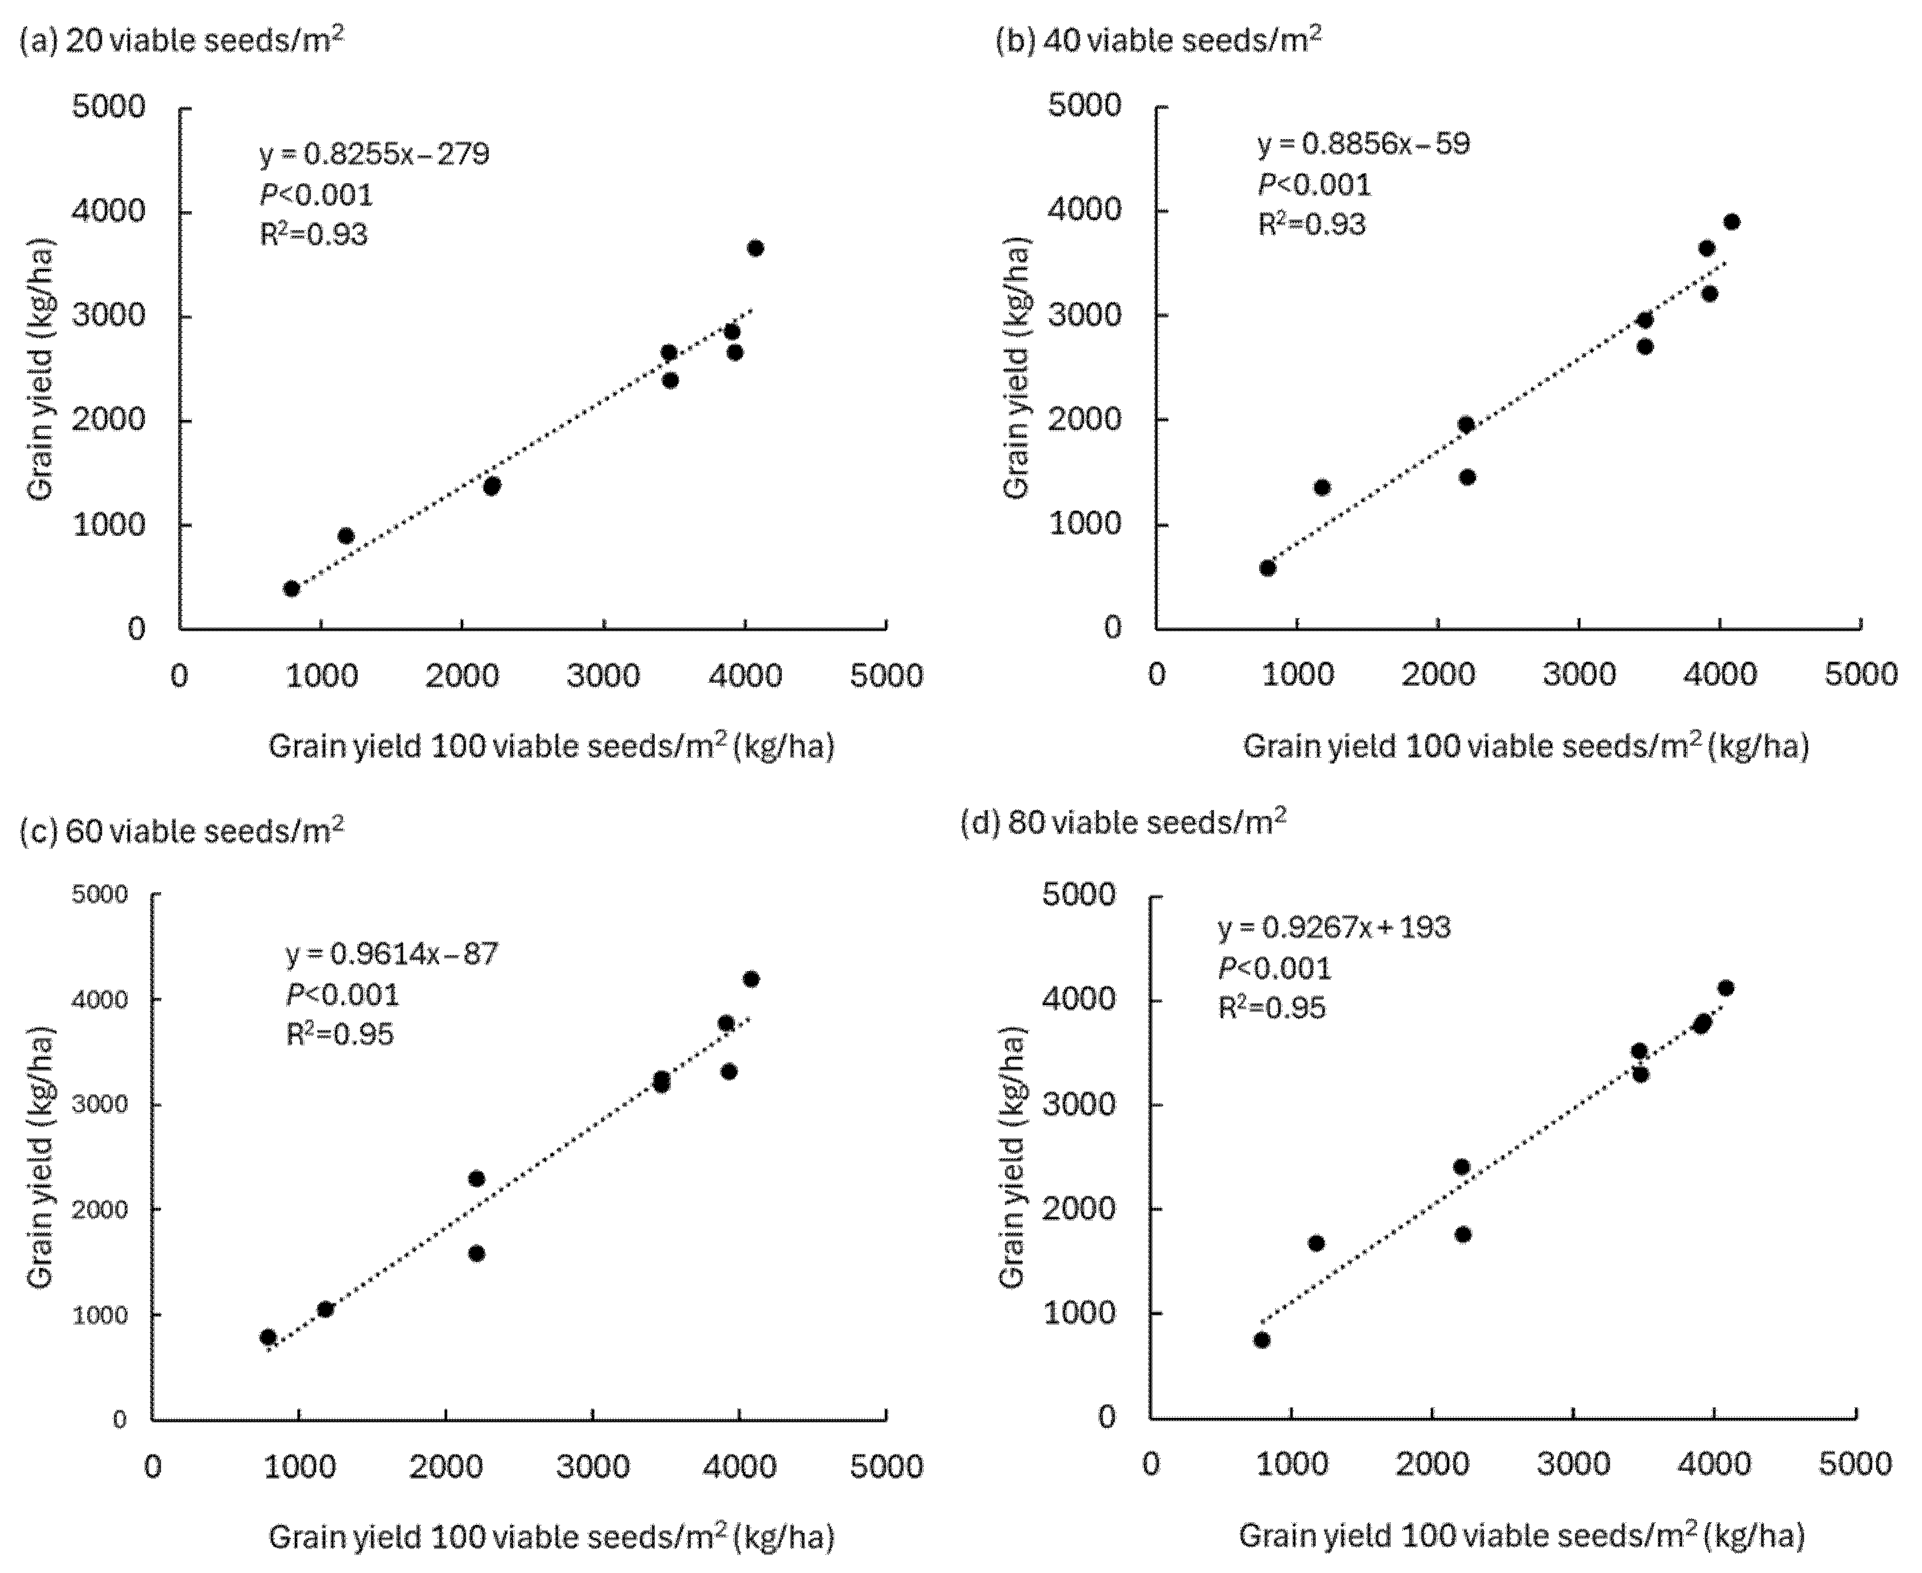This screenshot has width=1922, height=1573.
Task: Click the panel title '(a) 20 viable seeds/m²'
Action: pos(181,41)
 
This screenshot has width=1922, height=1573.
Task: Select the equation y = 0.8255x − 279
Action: pos(374,154)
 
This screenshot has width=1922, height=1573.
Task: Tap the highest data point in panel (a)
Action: pos(755,248)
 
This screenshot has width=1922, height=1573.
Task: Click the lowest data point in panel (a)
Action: pos(291,589)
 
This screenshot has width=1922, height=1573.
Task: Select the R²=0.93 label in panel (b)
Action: pos(1311,225)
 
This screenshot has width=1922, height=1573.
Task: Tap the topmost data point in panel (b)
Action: pos(1731,222)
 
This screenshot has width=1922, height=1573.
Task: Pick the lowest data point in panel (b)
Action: pos(1267,568)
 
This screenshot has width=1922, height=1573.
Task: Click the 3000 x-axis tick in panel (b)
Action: pos(1579,674)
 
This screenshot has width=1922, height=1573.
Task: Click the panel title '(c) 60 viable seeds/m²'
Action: pos(181,831)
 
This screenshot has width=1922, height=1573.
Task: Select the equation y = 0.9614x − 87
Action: pos(391,954)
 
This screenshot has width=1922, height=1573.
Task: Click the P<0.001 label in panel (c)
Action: pos(343,995)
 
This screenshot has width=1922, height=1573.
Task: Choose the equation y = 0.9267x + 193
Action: pos(1333,928)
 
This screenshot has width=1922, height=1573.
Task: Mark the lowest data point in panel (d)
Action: pos(1262,1340)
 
